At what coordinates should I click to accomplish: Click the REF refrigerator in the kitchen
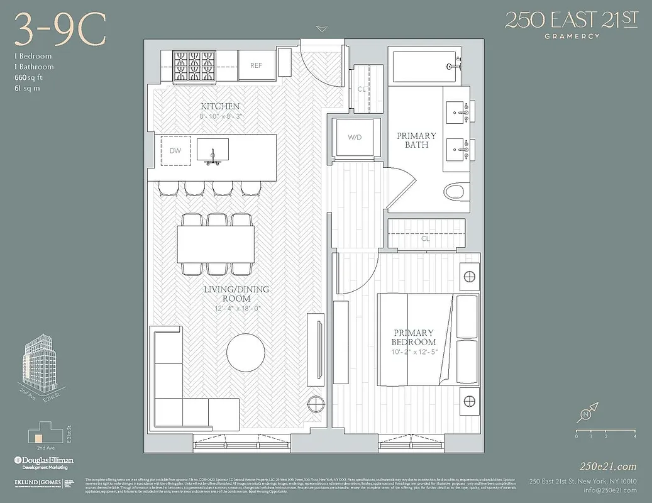[x=256, y=65]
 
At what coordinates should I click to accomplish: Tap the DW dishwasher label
[x=175, y=151]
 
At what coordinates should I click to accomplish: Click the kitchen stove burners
[x=196, y=65]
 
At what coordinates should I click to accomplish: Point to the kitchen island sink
[x=213, y=150]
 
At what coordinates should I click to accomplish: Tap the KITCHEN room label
[x=219, y=106]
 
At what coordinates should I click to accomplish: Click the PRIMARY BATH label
[x=416, y=140]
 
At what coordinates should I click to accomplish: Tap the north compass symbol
[x=586, y=414]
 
